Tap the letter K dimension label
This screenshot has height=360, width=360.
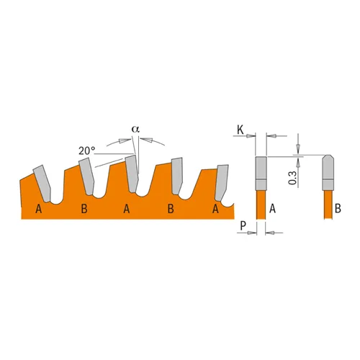coord(243,129)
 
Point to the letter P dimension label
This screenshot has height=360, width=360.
coord(243,225)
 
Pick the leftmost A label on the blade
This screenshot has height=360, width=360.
coord(37,210)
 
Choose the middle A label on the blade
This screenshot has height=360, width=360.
coord(127,210)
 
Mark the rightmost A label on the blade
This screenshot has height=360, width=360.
coord(215,210)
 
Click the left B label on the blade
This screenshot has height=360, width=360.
coord(84,210)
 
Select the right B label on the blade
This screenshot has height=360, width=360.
coord(171,210)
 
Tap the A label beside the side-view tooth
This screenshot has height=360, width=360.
coord(274,208)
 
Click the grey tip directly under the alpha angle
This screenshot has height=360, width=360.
coord(132,172)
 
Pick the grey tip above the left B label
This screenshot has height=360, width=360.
coord(87,175)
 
